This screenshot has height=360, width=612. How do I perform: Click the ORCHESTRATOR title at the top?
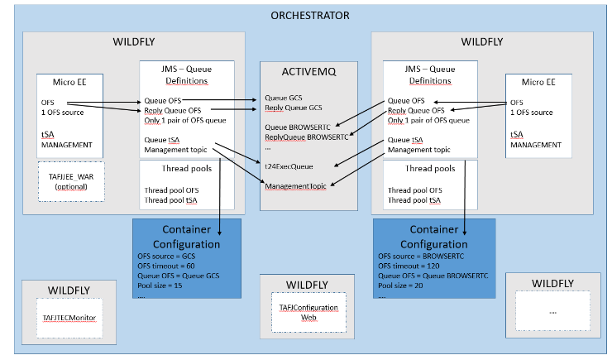310,15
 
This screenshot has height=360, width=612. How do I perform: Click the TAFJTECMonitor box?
69,317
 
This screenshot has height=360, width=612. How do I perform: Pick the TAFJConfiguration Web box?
308,312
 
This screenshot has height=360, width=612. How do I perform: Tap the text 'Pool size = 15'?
162,286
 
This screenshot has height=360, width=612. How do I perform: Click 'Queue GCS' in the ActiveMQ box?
285,97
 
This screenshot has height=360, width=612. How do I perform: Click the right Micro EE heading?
538,82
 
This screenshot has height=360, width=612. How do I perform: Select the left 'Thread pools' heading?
188,170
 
